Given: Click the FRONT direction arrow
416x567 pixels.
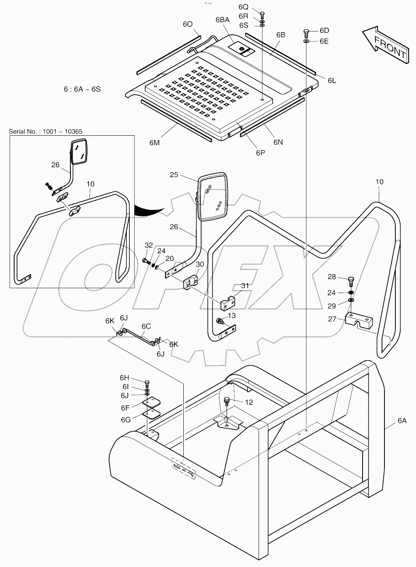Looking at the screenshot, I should coord(385,44).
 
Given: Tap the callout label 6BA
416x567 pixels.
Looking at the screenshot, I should coord(222,20).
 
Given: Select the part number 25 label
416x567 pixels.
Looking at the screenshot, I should coord(174,175).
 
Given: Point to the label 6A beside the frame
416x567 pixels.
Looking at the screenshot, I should coord(401,421).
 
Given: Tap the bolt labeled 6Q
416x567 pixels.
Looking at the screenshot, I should coord(262,14).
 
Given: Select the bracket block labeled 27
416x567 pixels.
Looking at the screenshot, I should coord(359,321).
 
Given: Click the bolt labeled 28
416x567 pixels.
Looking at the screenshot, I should coord(351,280).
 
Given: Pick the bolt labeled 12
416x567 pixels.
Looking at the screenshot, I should coord(227,401).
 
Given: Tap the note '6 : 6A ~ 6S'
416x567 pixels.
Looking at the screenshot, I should coord(82,89).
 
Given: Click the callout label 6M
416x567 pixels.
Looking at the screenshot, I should coord(154,142).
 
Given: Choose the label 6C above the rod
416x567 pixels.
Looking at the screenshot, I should coord(146,326).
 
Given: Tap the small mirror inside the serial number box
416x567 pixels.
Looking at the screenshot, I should coord(80,152).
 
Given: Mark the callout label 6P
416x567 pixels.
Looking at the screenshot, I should coord(260,152).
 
